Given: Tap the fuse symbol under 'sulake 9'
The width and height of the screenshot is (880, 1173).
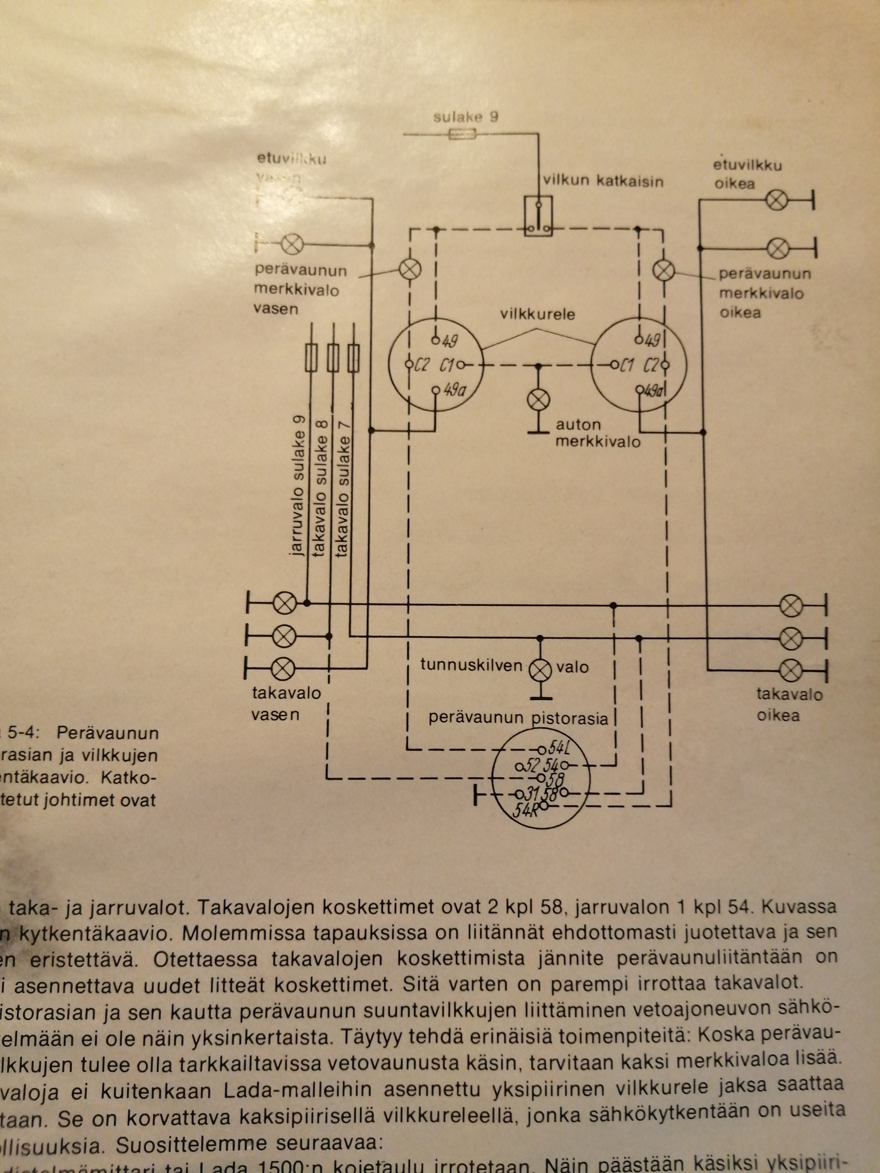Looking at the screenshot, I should pos(462,135).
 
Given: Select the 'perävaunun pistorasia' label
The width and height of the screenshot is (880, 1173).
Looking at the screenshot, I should pos(518,718).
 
